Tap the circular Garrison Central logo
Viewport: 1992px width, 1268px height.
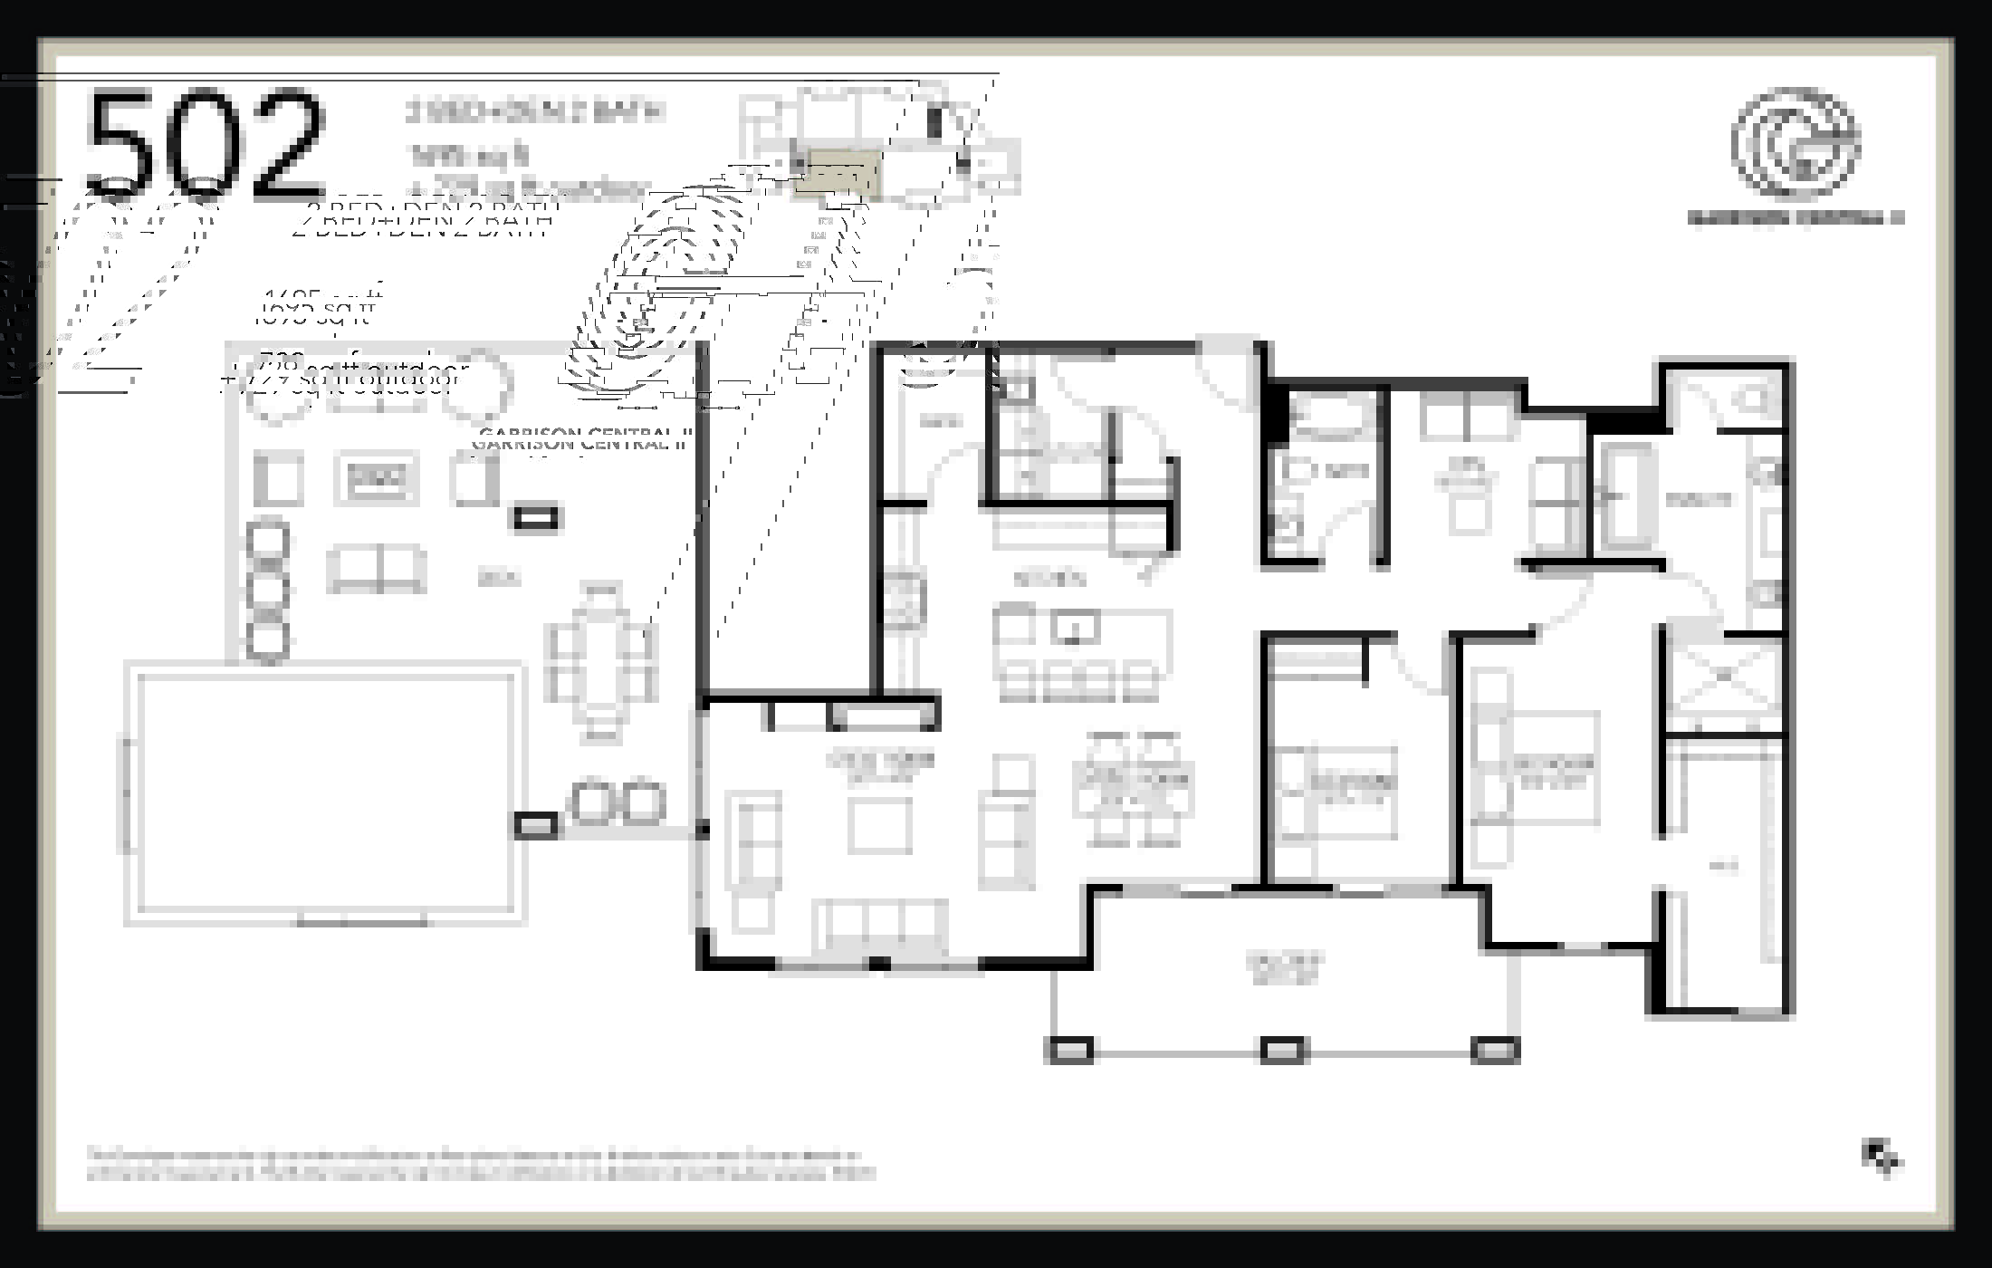(x=1796, y=143)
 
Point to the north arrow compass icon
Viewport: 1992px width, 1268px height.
(x=1882, y=1157)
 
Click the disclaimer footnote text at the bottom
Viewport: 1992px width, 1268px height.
(x=480, y=1165)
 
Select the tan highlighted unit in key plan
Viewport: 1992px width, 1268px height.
(x=837, y=174)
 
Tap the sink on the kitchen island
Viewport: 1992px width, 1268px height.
(x=1075, y=627)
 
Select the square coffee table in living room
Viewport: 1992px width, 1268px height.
(x=879, y=825)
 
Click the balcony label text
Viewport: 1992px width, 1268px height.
(x=1284, y=967)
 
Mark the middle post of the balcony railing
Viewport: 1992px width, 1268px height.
(x=1283, y=1050)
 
